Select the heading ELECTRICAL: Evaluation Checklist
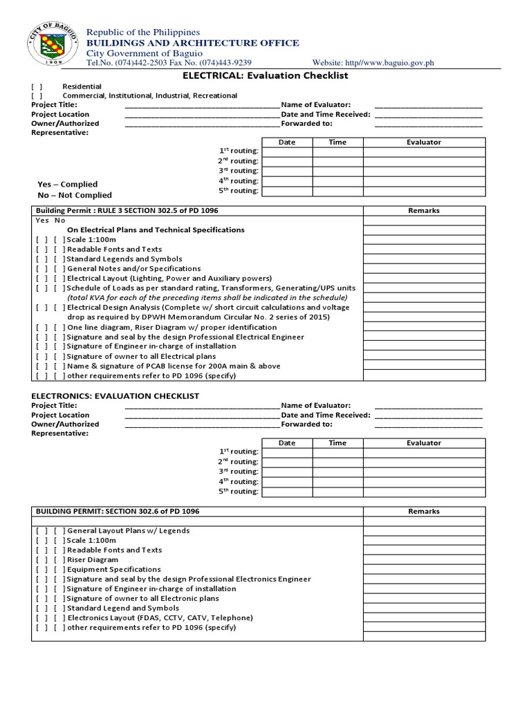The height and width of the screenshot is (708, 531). click(265, 75)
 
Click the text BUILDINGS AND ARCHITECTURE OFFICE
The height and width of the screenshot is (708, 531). click(192, 43)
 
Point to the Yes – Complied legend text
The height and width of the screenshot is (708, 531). click(67, 185)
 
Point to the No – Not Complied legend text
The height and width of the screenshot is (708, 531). click(74, 196)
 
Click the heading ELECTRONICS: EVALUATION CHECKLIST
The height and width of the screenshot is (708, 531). click(115, 395)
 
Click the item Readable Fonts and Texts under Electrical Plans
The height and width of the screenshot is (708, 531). click(114, 249)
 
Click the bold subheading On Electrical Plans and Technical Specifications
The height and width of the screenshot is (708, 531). click(155, 230)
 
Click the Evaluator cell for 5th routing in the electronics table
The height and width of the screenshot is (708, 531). click(424, 492)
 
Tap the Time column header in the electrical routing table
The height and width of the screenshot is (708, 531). click(337, 142)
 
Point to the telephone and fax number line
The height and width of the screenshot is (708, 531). click(168, 63)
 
